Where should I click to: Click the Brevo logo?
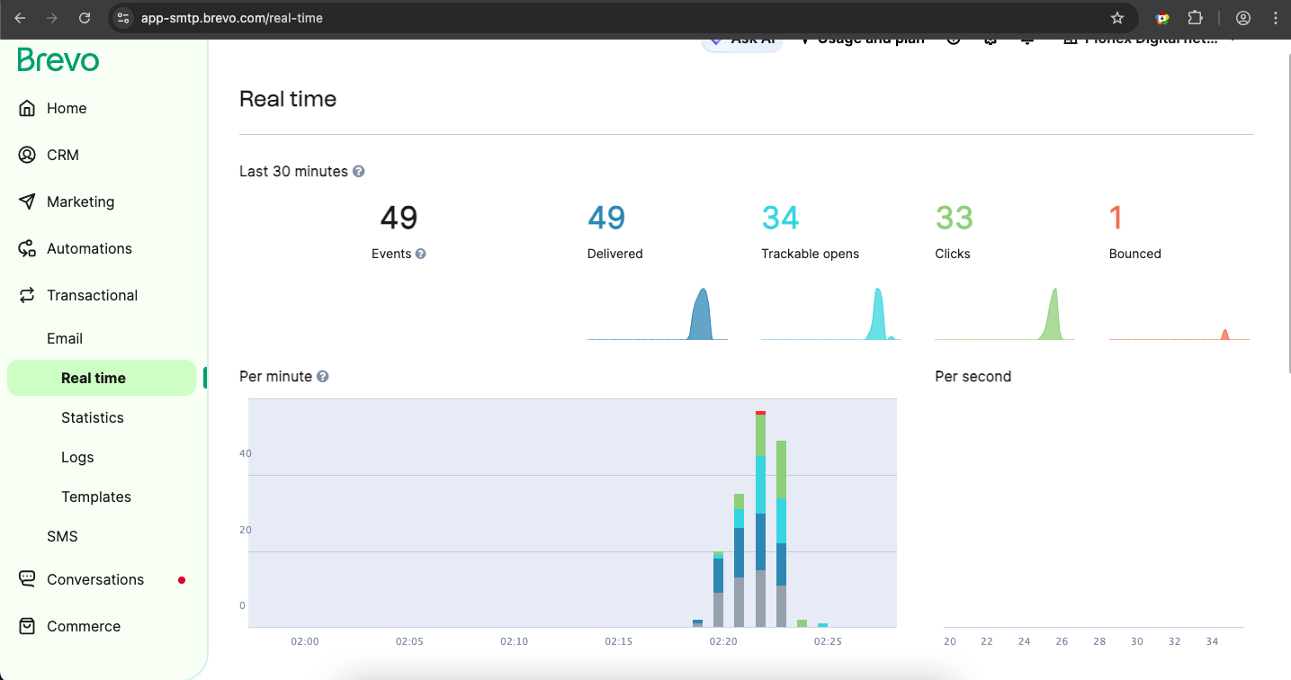point(58,60)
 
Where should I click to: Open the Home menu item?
point(66,108)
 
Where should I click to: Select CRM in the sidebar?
point(62,155)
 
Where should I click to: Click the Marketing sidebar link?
point(80,201)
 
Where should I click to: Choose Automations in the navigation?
point(88,248)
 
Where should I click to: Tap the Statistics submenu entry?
point(92,417)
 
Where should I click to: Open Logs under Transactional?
point(77,457)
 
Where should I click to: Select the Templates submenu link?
point(95,497)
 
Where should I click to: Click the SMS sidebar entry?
point(62,536)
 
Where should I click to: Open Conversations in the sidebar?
point(94,579)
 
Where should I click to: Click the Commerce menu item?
point(83,626)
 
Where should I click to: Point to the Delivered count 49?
point(606,219)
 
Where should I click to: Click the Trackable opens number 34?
point(780,219)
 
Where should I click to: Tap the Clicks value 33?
point(954,219)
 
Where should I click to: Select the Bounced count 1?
point(1116,219)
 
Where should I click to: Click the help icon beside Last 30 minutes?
point(358,171)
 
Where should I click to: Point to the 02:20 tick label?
point(723,641)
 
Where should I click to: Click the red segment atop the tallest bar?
point(760,413)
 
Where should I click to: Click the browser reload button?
point(84,18)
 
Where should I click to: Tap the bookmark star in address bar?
point(1116,18)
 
